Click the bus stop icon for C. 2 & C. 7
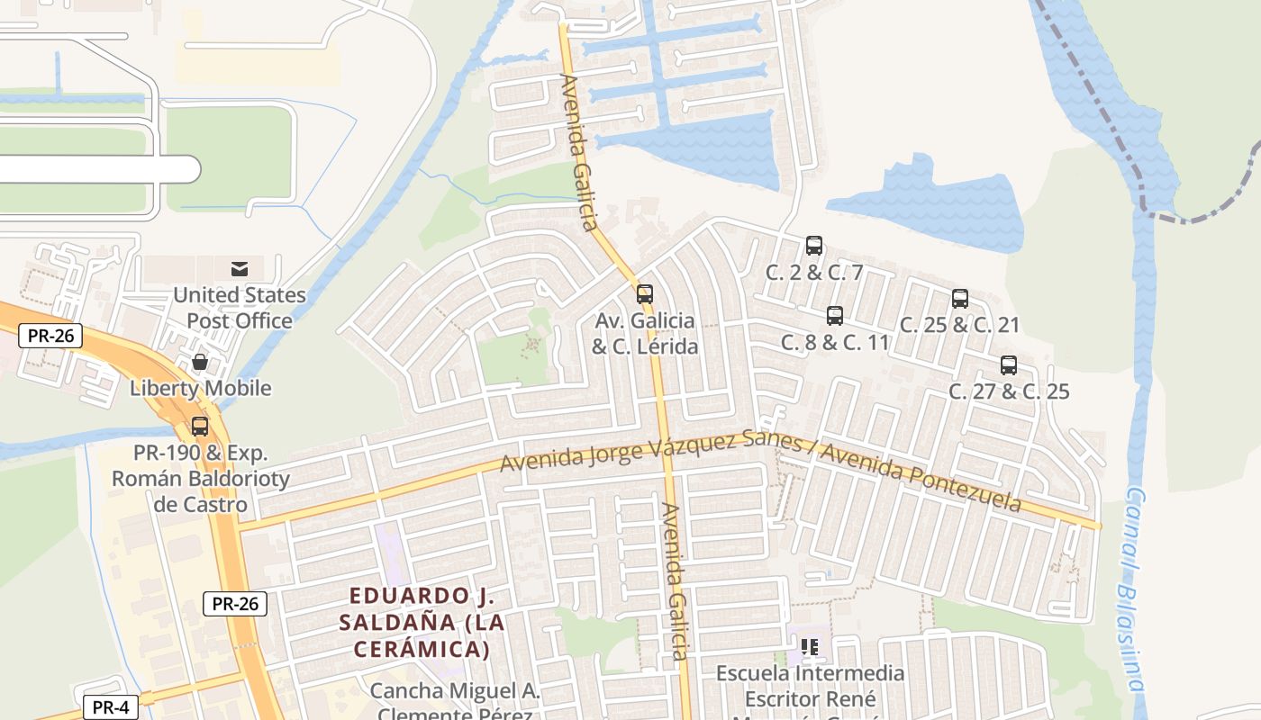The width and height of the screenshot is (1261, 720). tap(814, 245)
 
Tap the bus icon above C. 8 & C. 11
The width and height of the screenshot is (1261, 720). tap(835, 316)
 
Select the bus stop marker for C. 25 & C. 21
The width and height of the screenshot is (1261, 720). tap(960, 299)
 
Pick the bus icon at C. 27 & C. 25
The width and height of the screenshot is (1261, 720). tap(1009, 365)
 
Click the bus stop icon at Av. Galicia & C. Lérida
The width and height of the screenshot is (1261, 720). tap(645, 294)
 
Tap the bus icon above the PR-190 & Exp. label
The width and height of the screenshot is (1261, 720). tap(200, 427)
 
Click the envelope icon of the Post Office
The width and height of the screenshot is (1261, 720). tap(240, 268)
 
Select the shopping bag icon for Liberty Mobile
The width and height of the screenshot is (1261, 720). tap(200, 362)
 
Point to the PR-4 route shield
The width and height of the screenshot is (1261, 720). tap(110, 707)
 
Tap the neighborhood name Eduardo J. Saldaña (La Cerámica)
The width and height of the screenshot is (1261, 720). tap(422, 622)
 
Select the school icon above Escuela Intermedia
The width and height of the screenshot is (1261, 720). tap(809, 646)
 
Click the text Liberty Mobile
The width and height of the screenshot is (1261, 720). tap(200, 389)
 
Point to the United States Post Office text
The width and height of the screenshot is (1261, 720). tap(240, 308)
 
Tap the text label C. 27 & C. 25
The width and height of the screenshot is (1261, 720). tap(1009, 391)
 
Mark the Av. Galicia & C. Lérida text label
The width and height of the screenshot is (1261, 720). tap(645, 333)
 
